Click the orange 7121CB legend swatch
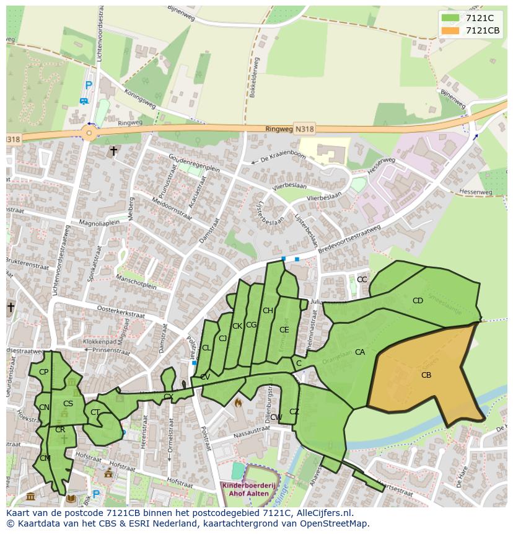pyautogui.click(x=450, y=30)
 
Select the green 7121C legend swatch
pyautogui.click(x=450, y=18)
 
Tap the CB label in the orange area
pyautogui.click(x=426, y=375)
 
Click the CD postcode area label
pyautogui.click(x=418, y=301)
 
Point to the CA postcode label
pyautogui.click(x=360, y=352)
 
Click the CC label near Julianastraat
pyautogui.click(x=362, y=280)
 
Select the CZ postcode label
pyautogui.click(x=294, y=412)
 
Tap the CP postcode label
pyautogui.click(x=43, y=372)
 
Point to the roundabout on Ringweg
pyautogui.click(x=89, y=132)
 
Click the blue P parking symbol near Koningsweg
pyautogui.click(x=89, y=86)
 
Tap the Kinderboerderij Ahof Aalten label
pyautogui.click(x=246, y=489)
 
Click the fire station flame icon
pyautogui.click(x=238, y=403)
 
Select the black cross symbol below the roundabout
pyautogui.click(x=113, y=151)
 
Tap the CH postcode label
pyautogui.click(x=268, y=311)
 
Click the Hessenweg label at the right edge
pyautogui.click(x=478, y=192)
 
